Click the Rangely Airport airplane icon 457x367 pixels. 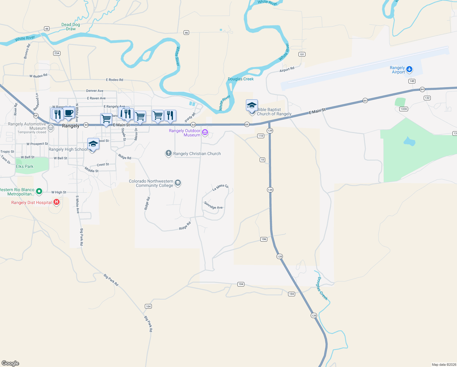coord(409,69)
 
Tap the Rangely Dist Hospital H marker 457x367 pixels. coord(57,202)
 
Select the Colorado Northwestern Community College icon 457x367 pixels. coord(178,183)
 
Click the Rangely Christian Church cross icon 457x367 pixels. coord(168,153)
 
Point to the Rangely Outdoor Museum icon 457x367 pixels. coord(205,132)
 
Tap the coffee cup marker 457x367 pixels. coord(69,113)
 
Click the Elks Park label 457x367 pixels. coord(25,166)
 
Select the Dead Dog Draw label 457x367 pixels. coord(71,27)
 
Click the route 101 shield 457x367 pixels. coord(302,54)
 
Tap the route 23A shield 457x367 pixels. coord(57,53)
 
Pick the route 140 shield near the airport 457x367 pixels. coord(412,81)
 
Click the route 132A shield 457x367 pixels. coord(404,109)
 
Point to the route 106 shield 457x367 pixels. coord(264,239)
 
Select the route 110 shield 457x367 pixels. coord(261,136)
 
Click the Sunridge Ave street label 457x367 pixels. coord(213,206)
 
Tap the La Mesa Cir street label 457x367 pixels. coord(221,187)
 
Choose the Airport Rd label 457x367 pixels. coord(287,69)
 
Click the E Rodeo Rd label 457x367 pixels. coord(115,80)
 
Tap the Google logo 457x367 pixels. coord(10,363)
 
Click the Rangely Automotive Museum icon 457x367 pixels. coord(51,127)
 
